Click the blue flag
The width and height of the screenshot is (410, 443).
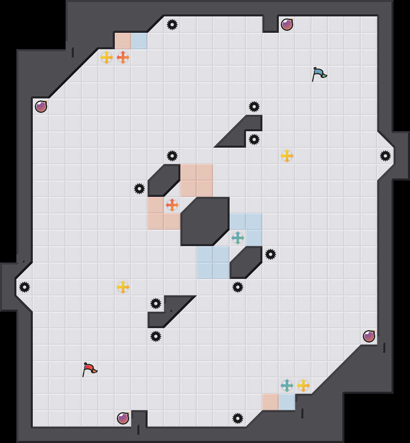(x=319, y=74)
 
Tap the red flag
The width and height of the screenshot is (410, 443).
(x=89, y=369)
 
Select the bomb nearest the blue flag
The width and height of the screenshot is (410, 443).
(x=287, y=25)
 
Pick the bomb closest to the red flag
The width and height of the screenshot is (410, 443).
(x=123, y=418)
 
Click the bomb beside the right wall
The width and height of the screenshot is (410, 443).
(x=369, y=336)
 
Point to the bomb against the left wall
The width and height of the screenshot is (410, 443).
(x=41, y=107)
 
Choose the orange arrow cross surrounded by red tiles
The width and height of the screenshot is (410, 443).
(x=172, y=205)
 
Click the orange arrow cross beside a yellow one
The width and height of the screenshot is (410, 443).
(x=123, y=57)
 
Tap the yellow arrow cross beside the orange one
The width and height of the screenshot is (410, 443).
(x=107, y=57)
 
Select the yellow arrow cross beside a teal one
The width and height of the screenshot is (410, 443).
(x=303, y=386)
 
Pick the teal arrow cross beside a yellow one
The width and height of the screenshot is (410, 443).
(x=287, y=386)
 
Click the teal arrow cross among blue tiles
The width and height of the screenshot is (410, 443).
(x=238, y=238)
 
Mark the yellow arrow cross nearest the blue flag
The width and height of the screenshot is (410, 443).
(x=287, y=156)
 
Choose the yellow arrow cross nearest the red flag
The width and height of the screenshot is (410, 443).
(x=123, y=287)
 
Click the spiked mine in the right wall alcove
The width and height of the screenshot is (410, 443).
(x=385, y=156)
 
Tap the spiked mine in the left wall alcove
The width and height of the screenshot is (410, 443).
(x=25, y=287)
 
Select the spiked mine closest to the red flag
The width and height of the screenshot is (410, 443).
(x=156, y=336)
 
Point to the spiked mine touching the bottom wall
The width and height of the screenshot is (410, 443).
(x=238, y=418)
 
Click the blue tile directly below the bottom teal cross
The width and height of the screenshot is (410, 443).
(x=287, y=402)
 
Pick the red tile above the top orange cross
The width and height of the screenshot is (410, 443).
(x=123, y=41)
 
